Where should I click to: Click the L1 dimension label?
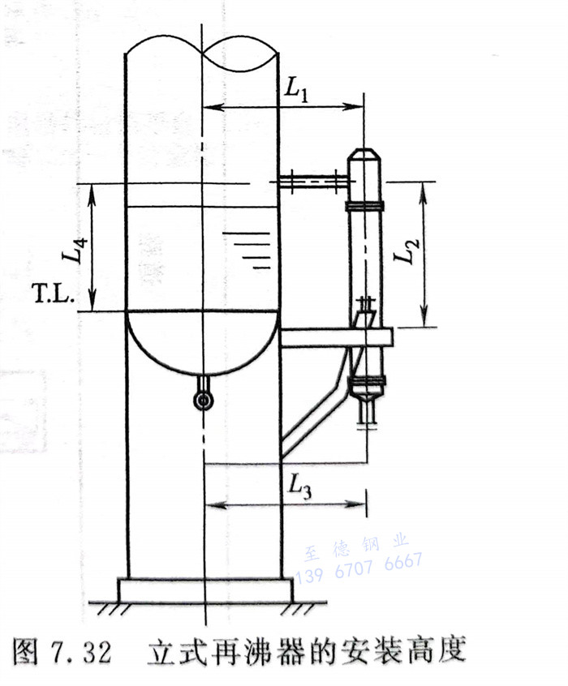point(297,90)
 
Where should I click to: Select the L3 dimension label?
point(300,486)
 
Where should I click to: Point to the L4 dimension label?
point(75,251)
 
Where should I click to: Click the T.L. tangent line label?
point(53,294)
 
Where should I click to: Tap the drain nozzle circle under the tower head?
point(203,400)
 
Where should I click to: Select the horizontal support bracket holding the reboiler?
point(336,337)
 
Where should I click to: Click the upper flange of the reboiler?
point(365,206)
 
